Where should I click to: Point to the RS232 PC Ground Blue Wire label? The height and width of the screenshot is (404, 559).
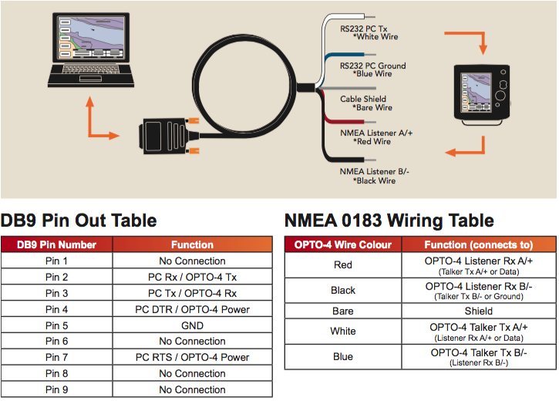[373, 69]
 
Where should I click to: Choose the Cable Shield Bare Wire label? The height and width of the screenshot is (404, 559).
[366, 103]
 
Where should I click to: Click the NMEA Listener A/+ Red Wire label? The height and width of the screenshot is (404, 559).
[372, 136]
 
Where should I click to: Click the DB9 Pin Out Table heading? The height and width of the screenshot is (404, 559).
[79, 221]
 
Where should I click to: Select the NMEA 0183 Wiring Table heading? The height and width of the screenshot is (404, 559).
[389, 221]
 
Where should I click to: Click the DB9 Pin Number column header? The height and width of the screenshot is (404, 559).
[57, 245]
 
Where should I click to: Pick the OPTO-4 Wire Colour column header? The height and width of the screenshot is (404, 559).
[343, 245]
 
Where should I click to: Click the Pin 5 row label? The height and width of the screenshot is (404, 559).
[57, 325]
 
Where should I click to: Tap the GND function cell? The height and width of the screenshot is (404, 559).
[192, 325]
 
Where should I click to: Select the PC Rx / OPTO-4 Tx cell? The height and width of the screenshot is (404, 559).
[192, 277]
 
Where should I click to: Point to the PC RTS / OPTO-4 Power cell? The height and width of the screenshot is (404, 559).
[192, 357]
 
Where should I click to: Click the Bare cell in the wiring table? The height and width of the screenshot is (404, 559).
[343, 311]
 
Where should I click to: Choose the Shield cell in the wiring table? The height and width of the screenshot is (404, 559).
[478, 311]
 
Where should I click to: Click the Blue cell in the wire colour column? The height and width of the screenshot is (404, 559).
[343, 356]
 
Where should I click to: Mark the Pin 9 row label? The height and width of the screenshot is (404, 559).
[57, 389]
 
